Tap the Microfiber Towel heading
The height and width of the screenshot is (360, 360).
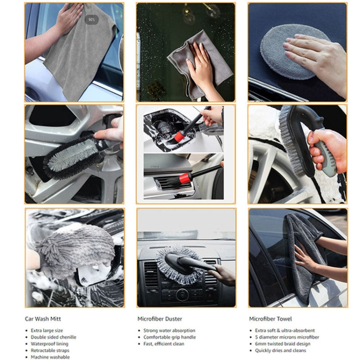pos(270,319)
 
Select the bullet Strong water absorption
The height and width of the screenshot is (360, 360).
pos(169,331)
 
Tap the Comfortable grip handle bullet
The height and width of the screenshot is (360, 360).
pos(169,337)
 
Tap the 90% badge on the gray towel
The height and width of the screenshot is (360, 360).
pos(91,20)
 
